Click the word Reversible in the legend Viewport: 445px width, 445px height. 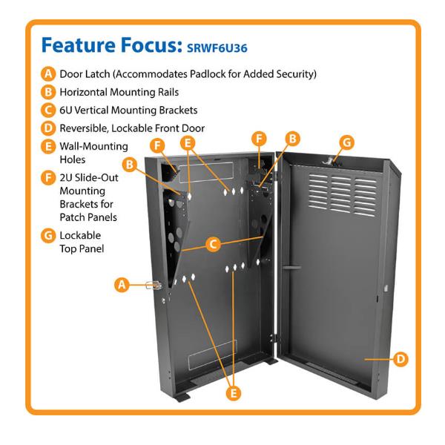click(92, 128)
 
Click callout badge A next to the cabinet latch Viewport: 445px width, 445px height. click(122, 284)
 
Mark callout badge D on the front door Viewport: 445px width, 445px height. click(399, 360)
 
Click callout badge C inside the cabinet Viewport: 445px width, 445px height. click(212, 243)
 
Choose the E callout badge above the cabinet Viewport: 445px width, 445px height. click(188, 142)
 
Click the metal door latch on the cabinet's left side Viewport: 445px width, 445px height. click(157, 286)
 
